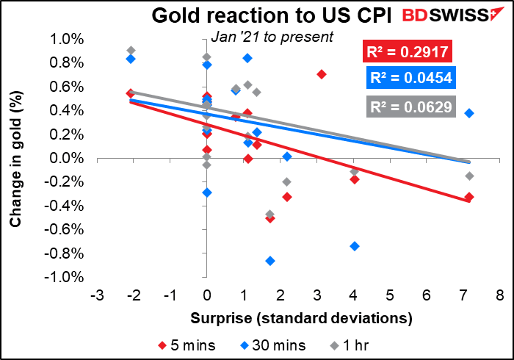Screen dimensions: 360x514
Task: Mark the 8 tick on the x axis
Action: (499, 295)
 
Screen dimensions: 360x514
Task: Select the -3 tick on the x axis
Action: (96, 295)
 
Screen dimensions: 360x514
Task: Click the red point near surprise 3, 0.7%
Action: (321, 74)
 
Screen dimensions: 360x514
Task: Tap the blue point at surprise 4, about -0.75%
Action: (355, 246)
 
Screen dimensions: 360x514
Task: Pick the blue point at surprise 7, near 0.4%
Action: (469, 113)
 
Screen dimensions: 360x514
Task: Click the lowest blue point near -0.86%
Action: (270, 261)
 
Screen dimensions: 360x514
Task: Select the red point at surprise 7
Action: (469, 197)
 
